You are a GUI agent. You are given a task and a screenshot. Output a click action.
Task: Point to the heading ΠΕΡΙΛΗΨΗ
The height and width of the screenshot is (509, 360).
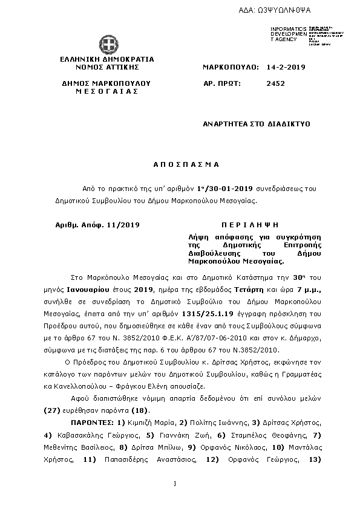252,225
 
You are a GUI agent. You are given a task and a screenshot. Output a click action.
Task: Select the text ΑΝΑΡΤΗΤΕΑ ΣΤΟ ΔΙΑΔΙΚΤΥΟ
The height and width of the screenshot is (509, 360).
256,123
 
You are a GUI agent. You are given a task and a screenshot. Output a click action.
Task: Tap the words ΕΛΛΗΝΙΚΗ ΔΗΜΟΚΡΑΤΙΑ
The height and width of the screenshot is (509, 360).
107,59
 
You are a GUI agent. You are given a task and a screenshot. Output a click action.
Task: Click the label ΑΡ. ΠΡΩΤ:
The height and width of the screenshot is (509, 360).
222,84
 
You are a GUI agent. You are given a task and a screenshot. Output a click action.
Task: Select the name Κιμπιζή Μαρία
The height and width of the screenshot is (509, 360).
144,421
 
